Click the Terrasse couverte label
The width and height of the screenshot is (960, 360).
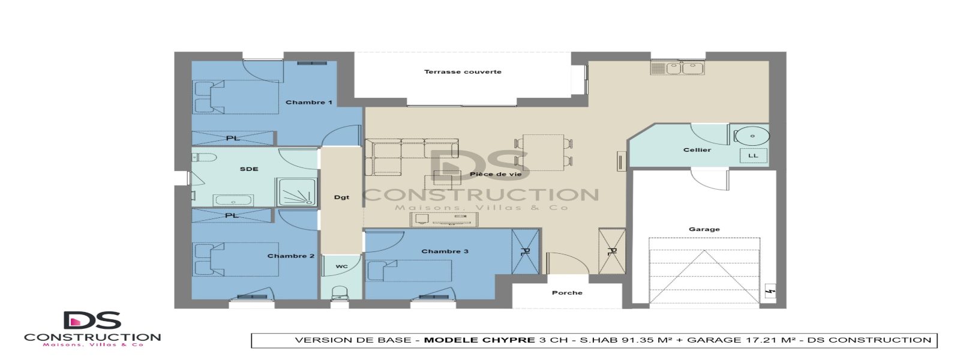463,72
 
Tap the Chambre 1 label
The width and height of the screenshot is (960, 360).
308,103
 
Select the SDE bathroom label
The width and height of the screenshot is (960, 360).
249,169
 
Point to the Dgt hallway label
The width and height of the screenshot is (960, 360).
341,197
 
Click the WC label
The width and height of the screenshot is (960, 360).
341,266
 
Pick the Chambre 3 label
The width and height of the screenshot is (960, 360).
445,251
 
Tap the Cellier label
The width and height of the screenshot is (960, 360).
697,150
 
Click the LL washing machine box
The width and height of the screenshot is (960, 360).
753,155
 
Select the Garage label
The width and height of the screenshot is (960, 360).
704,229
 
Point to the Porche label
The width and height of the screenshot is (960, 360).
567,293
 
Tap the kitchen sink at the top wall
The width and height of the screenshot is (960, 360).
677,68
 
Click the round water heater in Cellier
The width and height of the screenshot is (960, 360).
751,136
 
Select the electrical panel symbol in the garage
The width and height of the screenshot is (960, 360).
770,292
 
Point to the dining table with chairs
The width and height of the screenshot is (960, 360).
543,151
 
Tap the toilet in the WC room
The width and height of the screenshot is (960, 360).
341,292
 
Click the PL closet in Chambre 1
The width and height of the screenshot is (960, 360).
233,139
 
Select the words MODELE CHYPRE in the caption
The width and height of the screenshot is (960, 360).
479,340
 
